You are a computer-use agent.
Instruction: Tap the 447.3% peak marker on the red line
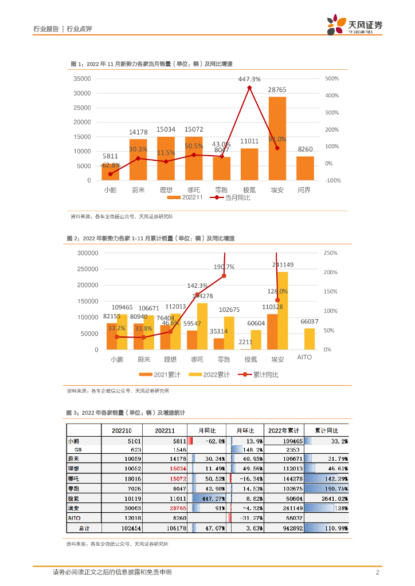(x=249, y=88)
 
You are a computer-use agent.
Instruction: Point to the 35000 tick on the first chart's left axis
(x=83, y=79)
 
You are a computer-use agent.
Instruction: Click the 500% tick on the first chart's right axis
(x=332, y=79)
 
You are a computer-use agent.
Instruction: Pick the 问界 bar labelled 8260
(x=305, y=168)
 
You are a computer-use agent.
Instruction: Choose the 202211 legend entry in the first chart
(x=185, y=197)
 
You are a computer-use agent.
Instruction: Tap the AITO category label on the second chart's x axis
(x=305, y=358)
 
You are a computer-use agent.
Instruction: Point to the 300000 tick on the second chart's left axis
(x=87, y=253)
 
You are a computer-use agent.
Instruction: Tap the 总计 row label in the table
(x=84, y=528)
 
